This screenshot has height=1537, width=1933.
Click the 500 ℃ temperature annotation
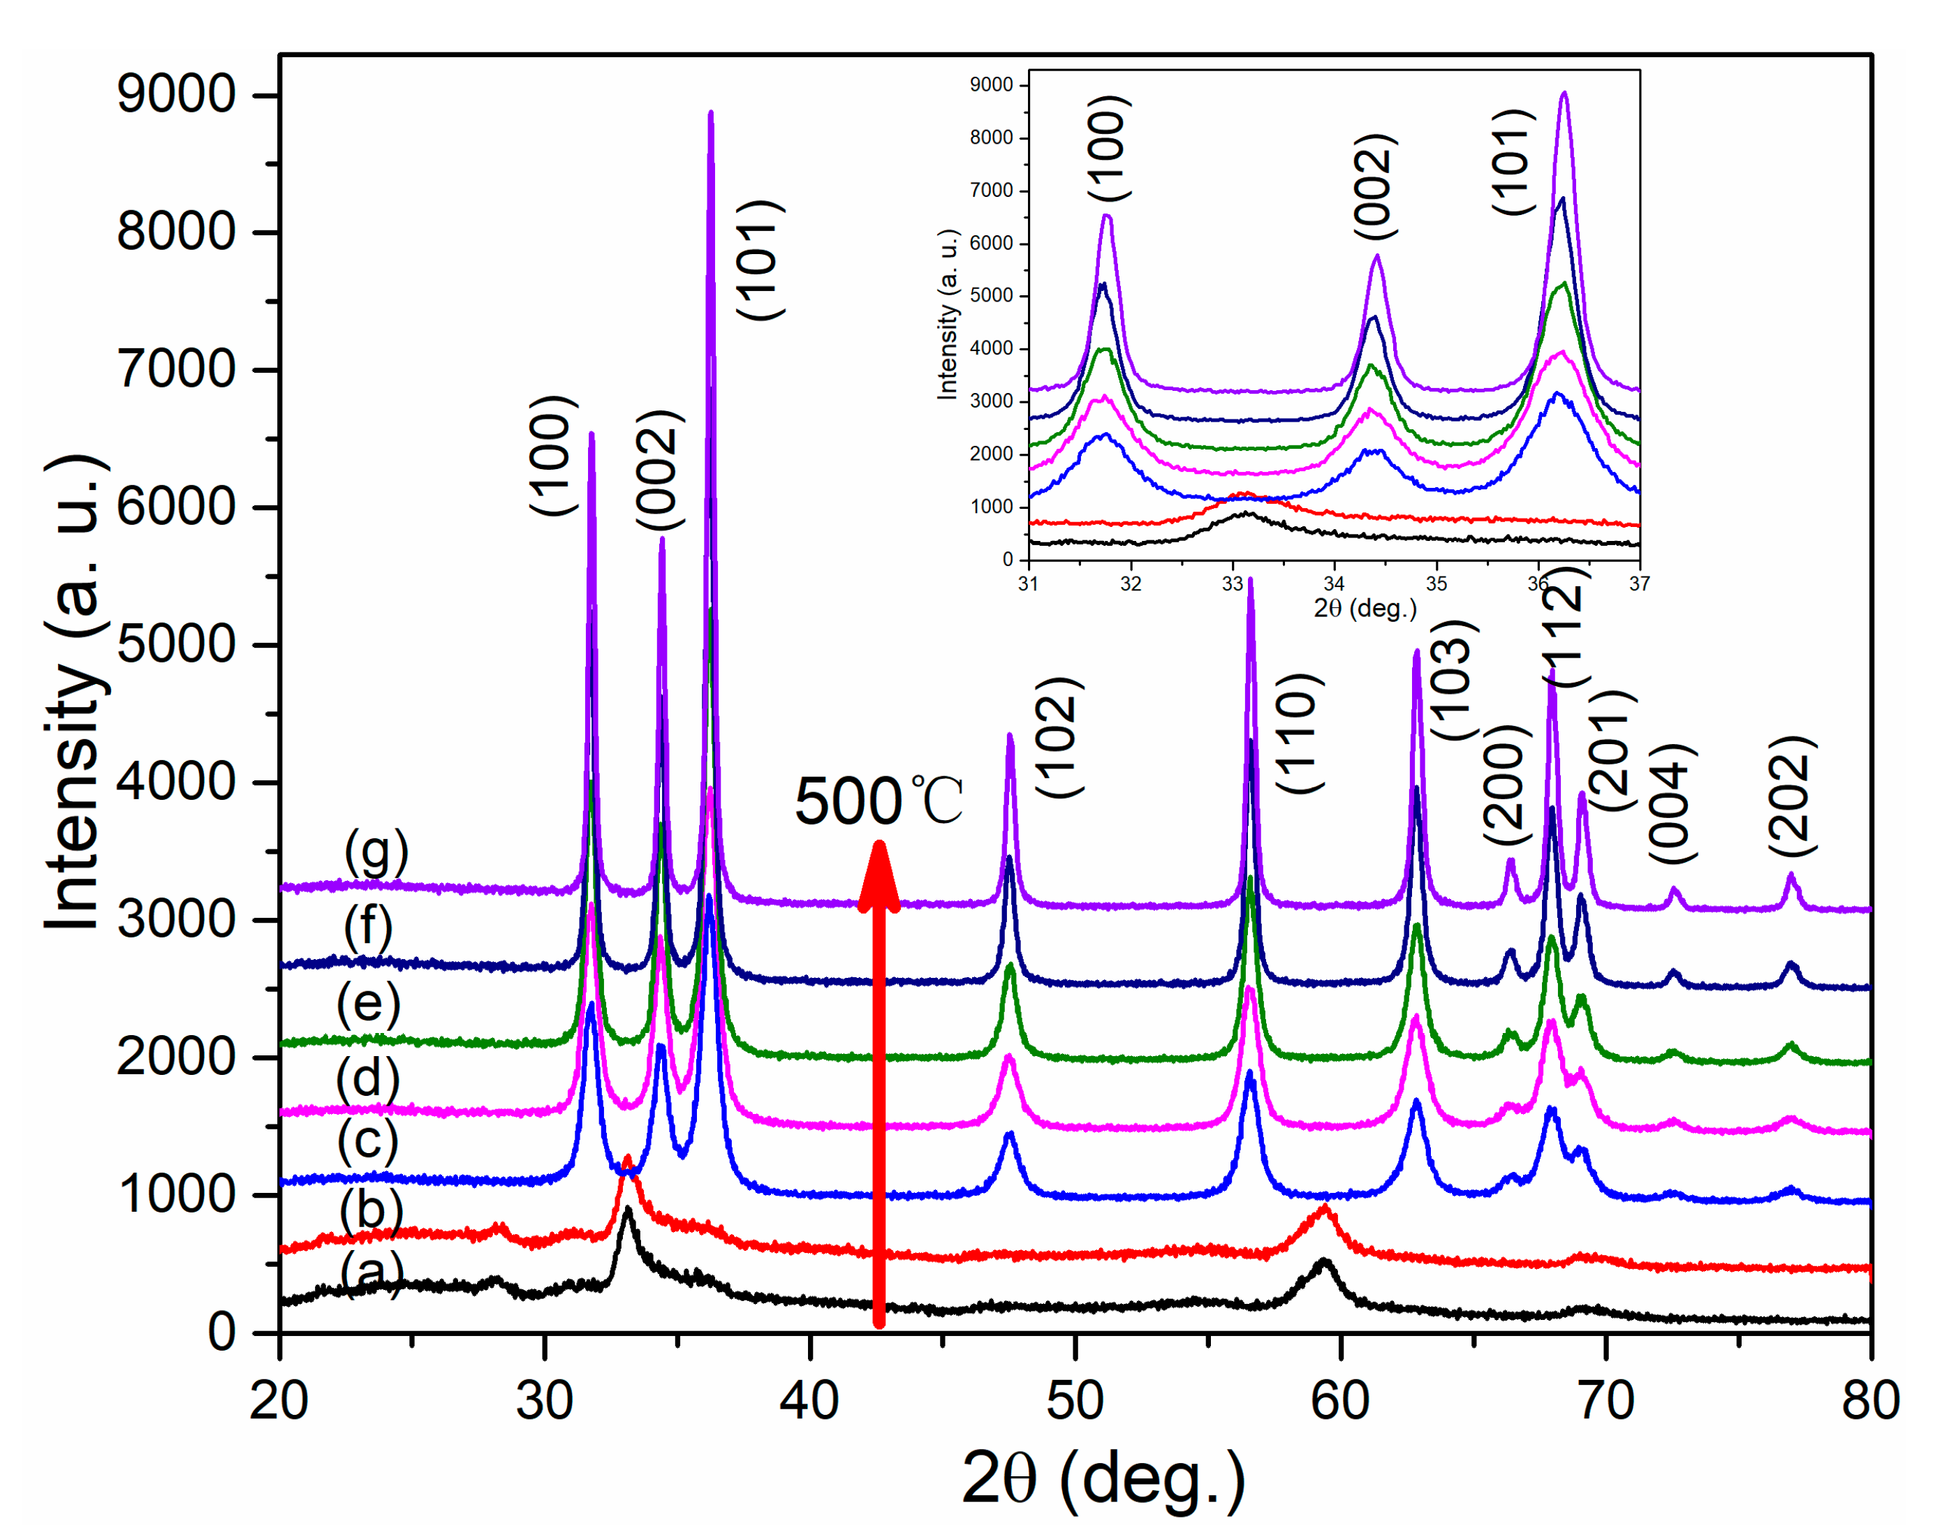(878, 801)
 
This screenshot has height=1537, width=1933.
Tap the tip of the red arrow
(879, 847)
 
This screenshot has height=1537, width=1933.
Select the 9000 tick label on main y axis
(176, 94)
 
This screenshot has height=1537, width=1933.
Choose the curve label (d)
(367, 1078)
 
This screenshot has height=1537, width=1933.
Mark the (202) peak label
(1791, 796)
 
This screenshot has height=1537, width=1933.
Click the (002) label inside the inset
(1374, 186)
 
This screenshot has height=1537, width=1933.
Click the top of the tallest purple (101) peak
(711, 114)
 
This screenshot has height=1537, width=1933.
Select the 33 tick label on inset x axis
(1233, 584)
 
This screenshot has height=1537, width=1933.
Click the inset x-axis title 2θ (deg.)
(1365, 609)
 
